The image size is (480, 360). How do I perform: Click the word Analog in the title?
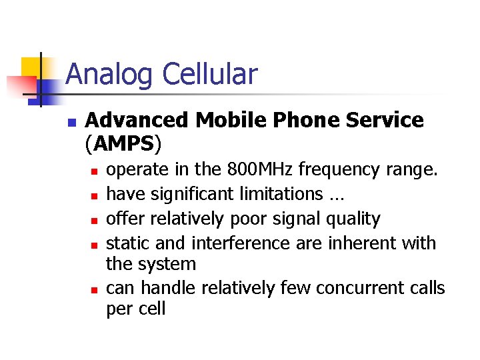pyautogui.click(x=109, y=75)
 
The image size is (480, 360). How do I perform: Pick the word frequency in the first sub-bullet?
pyautogui.click(x=340, y=169)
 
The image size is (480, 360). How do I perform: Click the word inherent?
pyautogui.click(x=359, y=243)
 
